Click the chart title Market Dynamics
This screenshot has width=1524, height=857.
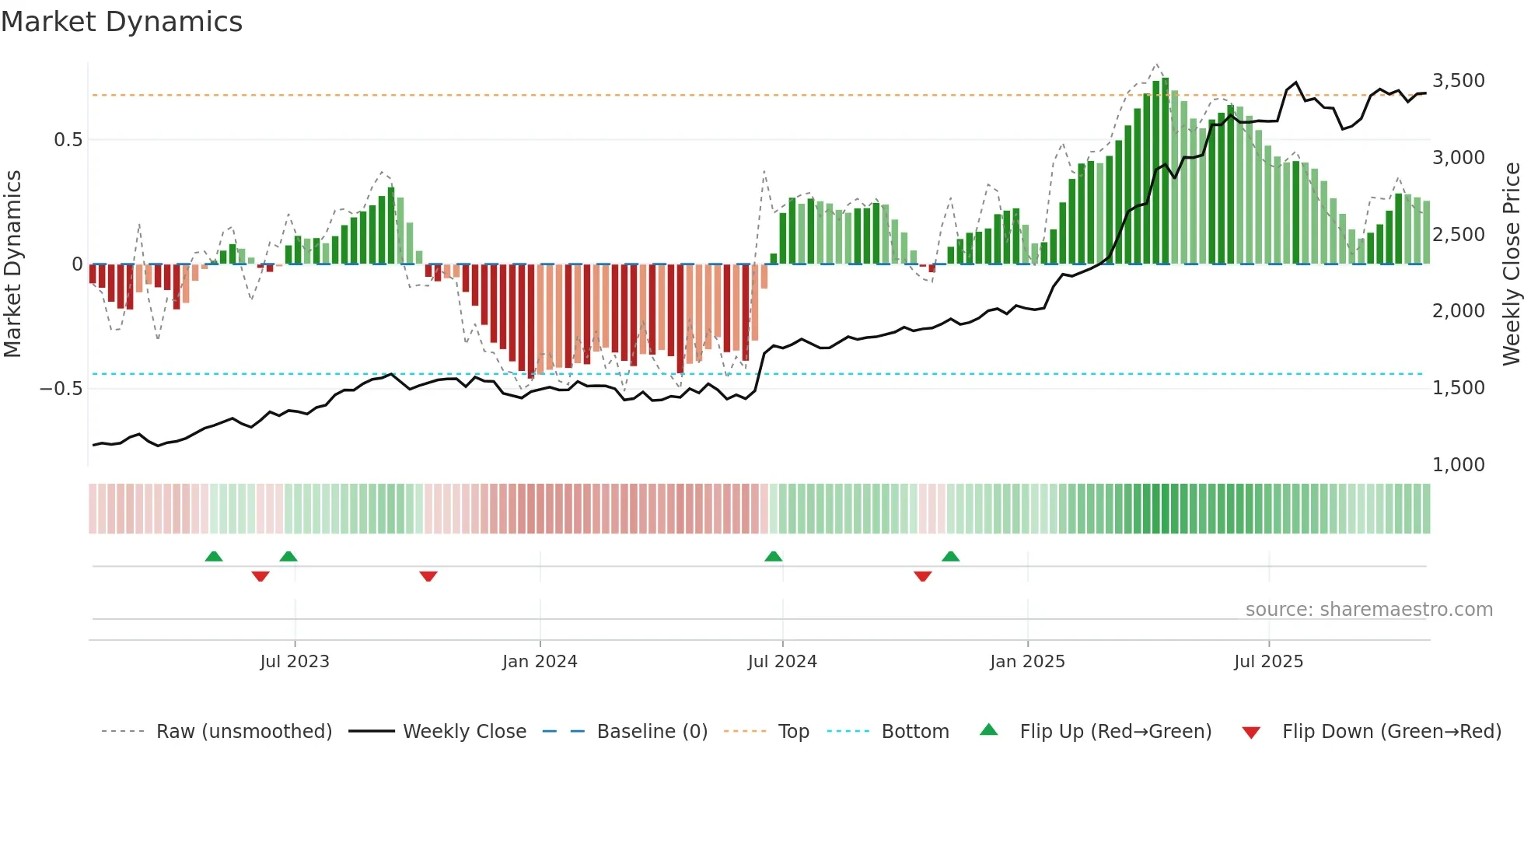(x=121, y=22)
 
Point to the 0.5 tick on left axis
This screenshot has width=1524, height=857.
(x=68, y=140)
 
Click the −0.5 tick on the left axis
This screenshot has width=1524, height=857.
(x=61, y=389)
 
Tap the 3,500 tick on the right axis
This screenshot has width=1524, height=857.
(x=1458, y=81)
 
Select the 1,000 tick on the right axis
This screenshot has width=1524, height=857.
(x=1458, y=465)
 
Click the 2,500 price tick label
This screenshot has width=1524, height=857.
(x=1458, y=235)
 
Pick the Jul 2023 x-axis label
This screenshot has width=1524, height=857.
(x=295, y=662)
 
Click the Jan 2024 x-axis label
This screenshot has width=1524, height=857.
(x=540, y=662)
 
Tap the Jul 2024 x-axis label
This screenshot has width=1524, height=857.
(x=782, y=662)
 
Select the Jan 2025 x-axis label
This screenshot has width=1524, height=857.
(x=1027, y=662)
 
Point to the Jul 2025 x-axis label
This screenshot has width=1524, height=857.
(x=1268, y=662)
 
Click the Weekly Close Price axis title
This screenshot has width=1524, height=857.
(x=1511, y=264)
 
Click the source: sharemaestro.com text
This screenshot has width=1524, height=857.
(x=1368, y=610)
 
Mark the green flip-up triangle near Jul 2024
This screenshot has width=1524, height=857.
(x=773, y=557)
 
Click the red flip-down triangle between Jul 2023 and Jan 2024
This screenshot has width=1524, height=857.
(x=428, y=575)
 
